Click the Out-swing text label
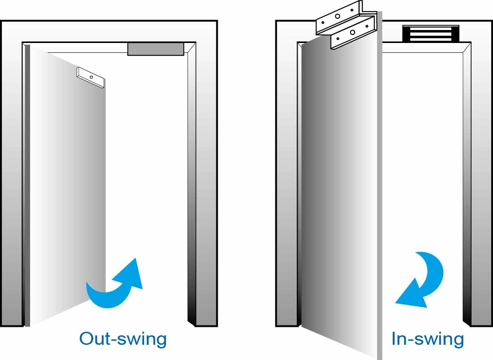tap(123, 339)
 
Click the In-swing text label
tap(428, 339)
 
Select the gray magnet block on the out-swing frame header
tap(155, 49)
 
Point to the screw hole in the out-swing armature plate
tap(91, 77)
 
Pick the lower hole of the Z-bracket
tap(353, 32)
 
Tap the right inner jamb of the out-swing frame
tap(192, 179)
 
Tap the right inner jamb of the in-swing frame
tap(467, 179)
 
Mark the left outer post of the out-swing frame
tap(11, 179)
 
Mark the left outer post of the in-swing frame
tap(287, 179)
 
